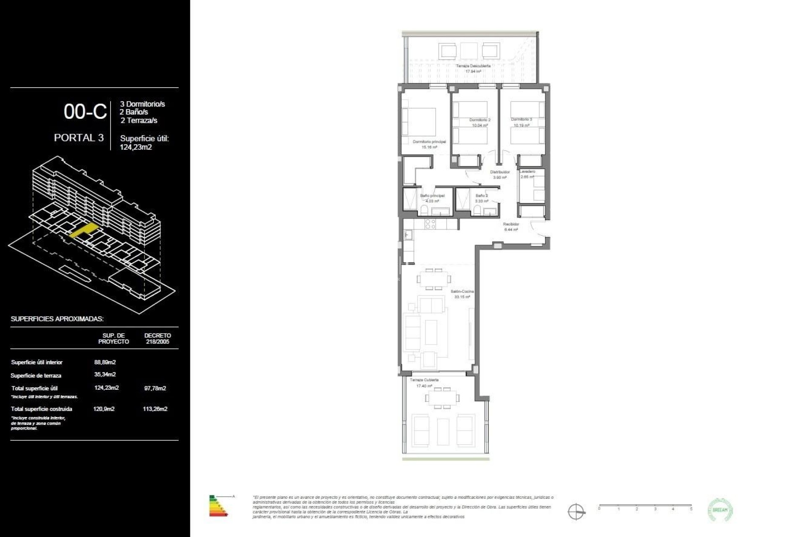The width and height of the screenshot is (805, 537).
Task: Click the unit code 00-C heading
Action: pos(85,112)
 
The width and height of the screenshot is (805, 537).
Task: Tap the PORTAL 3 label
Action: pos(78,138)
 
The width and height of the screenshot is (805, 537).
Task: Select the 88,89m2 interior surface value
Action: pos(105,362)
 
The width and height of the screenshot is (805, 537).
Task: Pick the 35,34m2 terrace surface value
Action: pos(105,374)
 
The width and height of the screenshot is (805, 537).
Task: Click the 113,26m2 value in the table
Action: pos(155,409)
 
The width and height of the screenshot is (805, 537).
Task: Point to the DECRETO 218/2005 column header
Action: pos(157,338)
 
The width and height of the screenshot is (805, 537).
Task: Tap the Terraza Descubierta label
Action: pos(473,66)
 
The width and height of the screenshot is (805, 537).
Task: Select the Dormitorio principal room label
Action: pos(429,142)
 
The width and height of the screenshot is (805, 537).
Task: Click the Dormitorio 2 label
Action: pos(480,120)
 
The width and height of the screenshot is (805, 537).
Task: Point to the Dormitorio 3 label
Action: pos(521,120)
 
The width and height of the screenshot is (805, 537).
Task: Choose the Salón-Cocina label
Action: pos(462,291)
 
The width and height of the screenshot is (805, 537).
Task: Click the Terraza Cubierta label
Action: pos(424,380)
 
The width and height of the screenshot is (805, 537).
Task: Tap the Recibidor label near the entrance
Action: pos(511,224)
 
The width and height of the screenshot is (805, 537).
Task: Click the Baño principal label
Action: pos(432,196)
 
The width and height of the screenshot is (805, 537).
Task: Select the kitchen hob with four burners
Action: pos(431,224)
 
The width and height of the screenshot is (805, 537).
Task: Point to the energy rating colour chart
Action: pos(218,506)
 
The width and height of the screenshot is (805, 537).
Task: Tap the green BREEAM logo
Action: pos(720,510)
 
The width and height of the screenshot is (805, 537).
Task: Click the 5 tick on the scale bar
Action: pos(691,508)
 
